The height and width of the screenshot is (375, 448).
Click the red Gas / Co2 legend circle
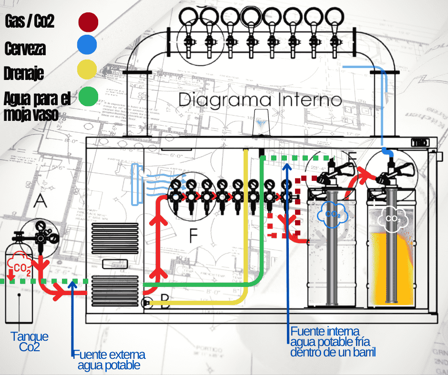pyautogui.click(x=88, y=22)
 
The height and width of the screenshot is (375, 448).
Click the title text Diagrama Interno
pyautogui.click(x=260, y=100)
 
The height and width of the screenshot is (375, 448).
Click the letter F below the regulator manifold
pyautogui.click(x=193, y=235)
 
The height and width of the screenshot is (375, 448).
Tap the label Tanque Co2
pyautogui.click(x=30, y=342)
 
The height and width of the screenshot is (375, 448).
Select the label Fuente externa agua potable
pyautogui.click(x=109, y=360)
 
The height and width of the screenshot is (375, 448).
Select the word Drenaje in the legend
pyautogui.click(x=24, y=74)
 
